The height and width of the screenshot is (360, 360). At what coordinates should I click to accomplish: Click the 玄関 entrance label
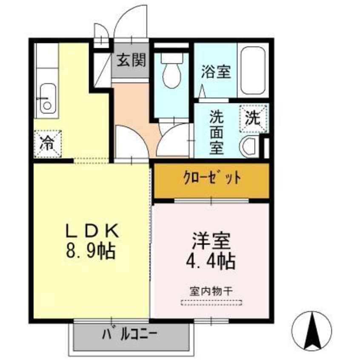(131, 60)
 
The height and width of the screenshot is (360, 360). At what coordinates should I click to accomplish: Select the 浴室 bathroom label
(216, 71)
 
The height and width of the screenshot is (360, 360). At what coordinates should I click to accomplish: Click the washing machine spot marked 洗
(253, 118)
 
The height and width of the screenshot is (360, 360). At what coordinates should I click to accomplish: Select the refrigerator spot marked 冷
(47, 144)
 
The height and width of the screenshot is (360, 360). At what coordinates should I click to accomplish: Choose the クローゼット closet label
(211, 178)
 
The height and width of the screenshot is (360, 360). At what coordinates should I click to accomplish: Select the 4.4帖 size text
(211, 260)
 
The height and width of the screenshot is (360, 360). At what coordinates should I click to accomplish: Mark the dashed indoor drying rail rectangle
(211, 303)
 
